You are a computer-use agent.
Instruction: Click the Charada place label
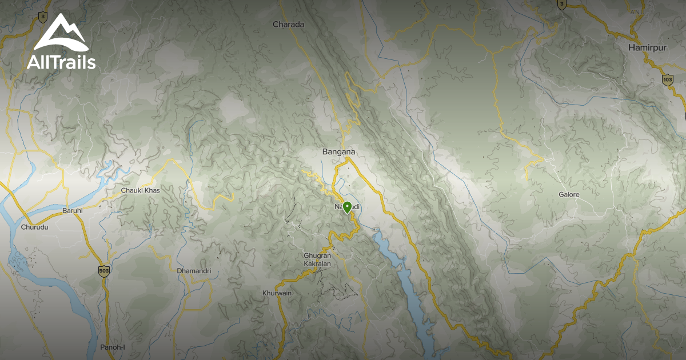pos(289,25)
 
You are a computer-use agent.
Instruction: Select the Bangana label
pos(339,152)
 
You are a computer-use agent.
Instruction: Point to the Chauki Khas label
pos(140,190)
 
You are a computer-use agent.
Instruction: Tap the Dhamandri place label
pos(194,270)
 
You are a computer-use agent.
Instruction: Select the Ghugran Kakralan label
pos(318,261)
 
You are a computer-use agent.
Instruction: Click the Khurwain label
pos(277,293)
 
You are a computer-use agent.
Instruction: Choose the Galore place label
pos(569,195)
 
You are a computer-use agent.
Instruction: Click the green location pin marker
pos(346,207)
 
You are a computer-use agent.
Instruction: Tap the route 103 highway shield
pos(667,79)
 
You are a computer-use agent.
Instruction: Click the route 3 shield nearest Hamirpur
pos(562,5)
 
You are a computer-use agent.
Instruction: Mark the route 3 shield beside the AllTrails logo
pos(43,17)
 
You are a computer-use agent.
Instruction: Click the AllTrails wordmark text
pos(61,62)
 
